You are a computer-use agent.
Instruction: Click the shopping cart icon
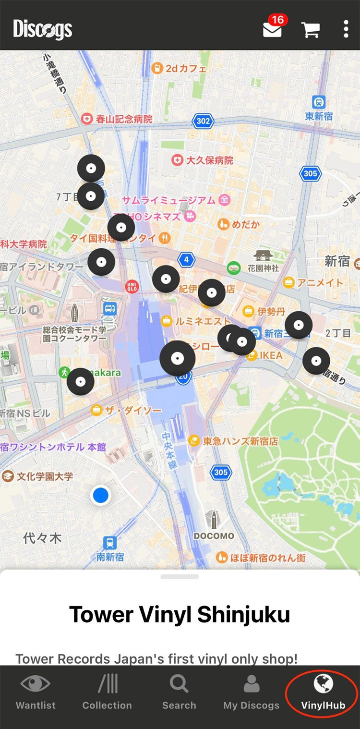[311, 29]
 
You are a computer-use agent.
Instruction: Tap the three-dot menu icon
[346, 29]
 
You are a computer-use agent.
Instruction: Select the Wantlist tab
[36, 692]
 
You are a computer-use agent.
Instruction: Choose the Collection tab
[107, 692]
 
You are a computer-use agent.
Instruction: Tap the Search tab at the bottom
[179, 692]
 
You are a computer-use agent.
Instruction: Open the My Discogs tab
[251, 692]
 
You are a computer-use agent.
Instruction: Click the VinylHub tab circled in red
[323, 692]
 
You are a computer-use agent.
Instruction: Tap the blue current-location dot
[101, 495]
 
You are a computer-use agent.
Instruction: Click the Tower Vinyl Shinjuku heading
[180, 614]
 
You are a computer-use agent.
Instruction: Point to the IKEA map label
[271, 355]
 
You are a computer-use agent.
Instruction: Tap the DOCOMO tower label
[214, 535]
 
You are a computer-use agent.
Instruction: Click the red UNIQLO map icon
[132, 287]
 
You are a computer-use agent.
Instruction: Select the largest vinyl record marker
[178, 358]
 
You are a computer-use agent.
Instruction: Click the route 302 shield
[203, 121]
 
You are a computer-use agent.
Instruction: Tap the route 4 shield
[186, 260]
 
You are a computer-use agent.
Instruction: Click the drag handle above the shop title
[180, 576]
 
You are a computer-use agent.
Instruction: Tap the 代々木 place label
[42, 538]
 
